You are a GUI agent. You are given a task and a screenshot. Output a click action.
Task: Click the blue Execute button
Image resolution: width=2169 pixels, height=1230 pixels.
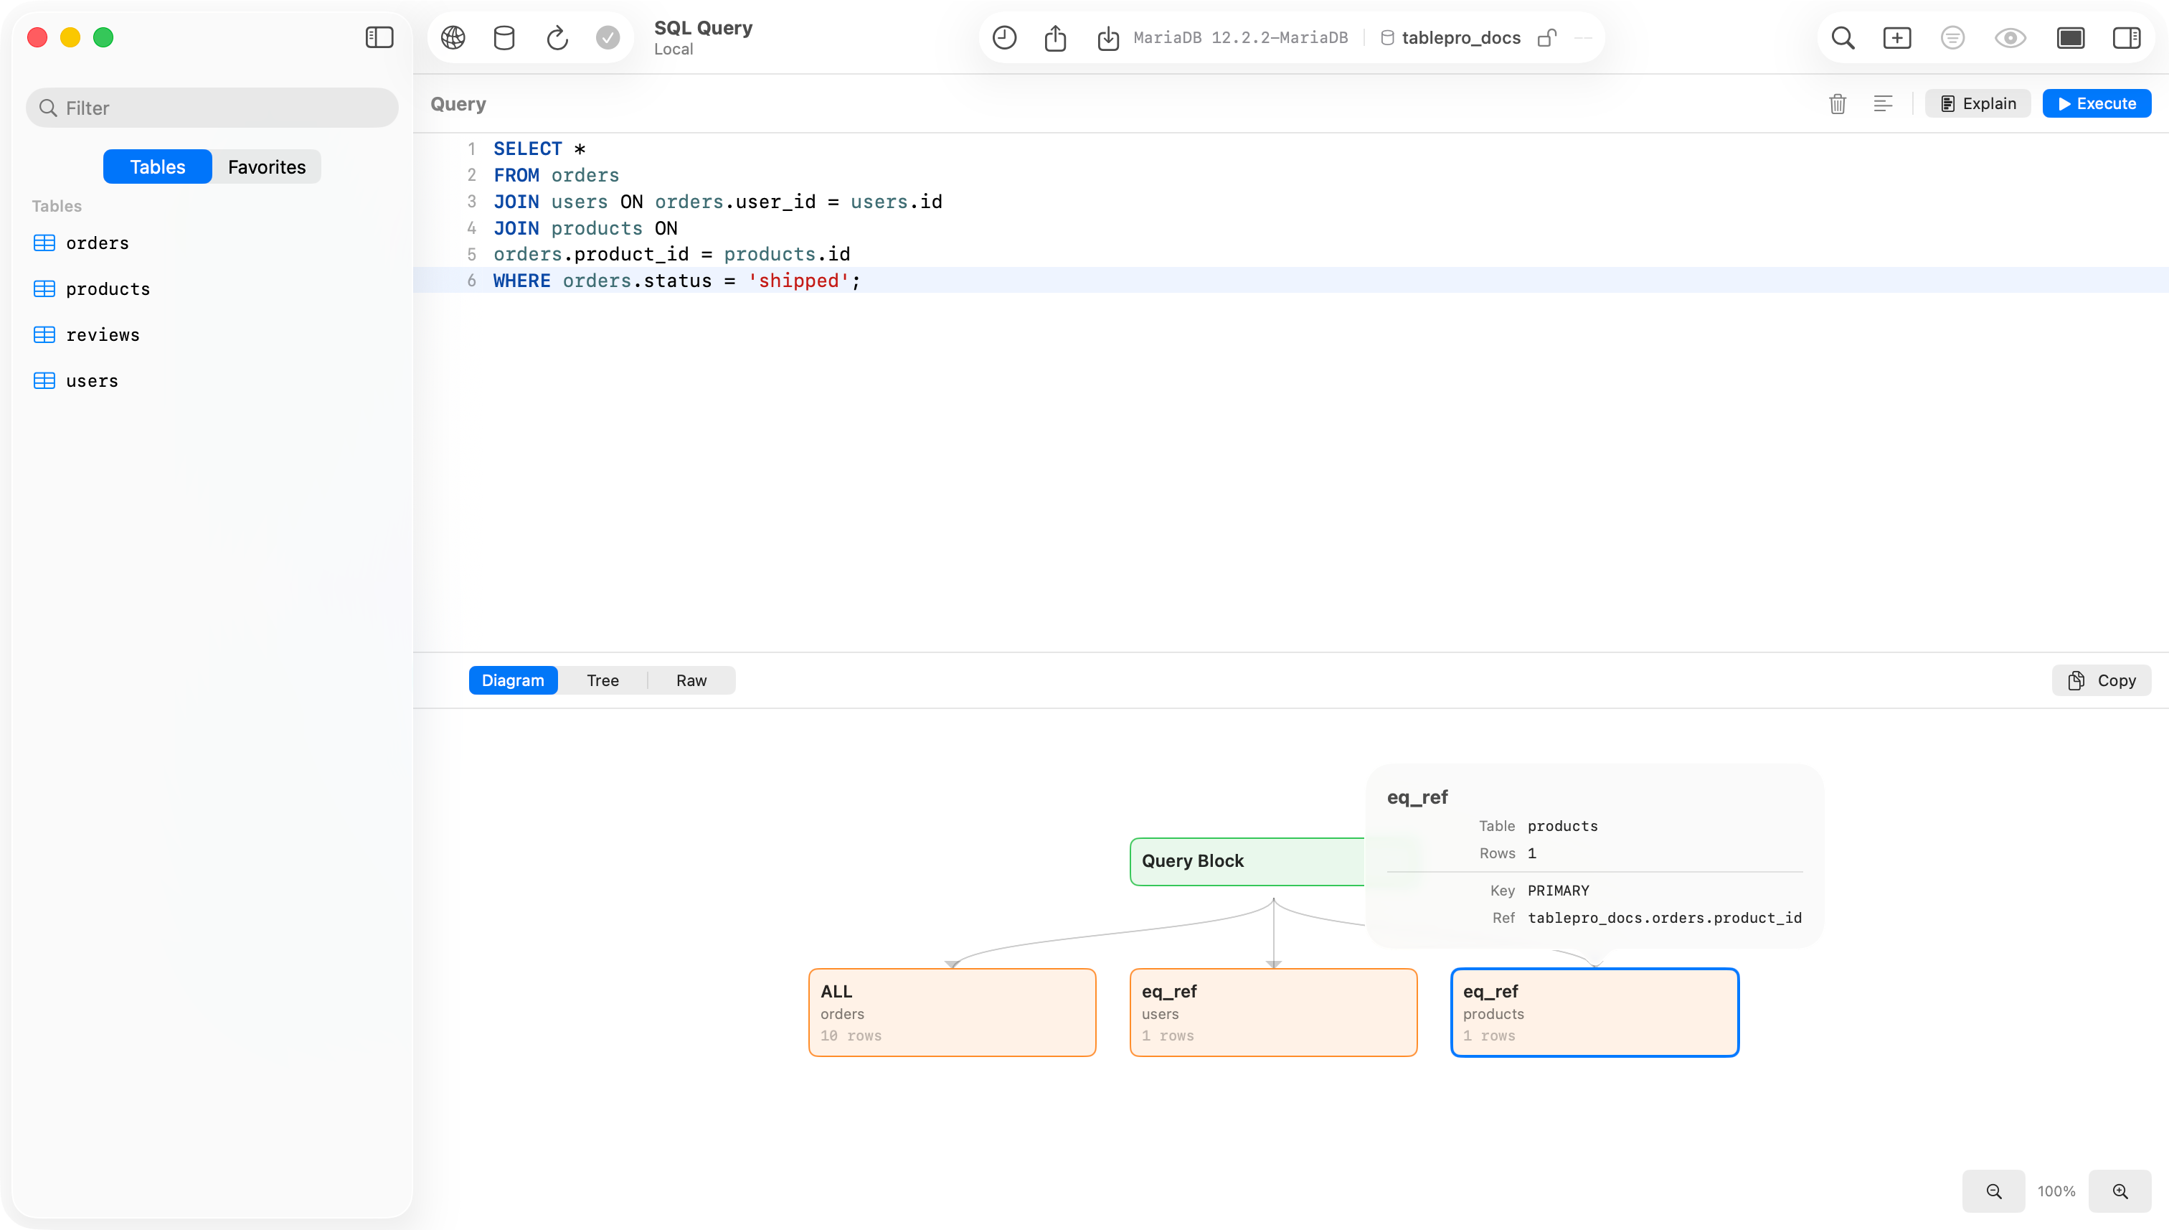coord(2097,103)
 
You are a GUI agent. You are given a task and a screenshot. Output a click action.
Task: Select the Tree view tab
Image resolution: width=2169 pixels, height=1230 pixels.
coord(602,680)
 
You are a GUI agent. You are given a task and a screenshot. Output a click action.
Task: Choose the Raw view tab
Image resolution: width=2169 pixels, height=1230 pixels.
coord(691,680)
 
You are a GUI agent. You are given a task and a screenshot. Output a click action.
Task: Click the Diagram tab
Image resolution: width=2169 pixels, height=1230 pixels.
coord(514,680)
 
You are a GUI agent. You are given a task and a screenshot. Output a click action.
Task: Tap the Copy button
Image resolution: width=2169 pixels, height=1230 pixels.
coord(2102,680)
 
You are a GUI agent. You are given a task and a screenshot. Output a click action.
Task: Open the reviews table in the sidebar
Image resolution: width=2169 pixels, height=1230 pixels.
coord(102,334)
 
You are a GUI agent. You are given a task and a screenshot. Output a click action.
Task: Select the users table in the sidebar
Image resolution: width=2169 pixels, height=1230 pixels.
coord(91,381)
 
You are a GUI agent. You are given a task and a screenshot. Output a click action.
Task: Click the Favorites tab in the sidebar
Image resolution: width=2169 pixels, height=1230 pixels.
coord(267,166)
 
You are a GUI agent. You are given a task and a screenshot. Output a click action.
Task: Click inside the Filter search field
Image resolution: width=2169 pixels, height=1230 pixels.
coord(212,108)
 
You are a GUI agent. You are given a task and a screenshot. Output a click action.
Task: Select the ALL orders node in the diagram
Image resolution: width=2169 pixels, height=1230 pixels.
coord(953,1012)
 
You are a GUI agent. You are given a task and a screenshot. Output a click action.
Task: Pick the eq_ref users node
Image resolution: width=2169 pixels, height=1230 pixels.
coord(1273,1012)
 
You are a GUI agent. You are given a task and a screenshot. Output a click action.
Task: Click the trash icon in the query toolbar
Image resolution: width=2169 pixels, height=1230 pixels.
coord(1837,103)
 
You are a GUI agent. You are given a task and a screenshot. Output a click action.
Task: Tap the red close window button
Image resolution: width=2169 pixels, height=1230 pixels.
coord(37,37)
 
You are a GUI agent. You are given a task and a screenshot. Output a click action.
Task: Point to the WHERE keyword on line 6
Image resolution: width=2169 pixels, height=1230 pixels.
coord(521,281)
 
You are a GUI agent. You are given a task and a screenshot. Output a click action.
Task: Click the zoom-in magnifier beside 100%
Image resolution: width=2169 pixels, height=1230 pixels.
coord(2120,1191)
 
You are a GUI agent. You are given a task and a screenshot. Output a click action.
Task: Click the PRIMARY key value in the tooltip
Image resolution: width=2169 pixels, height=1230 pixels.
coord(1558,891)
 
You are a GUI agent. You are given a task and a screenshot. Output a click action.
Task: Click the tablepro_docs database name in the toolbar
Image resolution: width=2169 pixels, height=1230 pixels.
coord(1460,37)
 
